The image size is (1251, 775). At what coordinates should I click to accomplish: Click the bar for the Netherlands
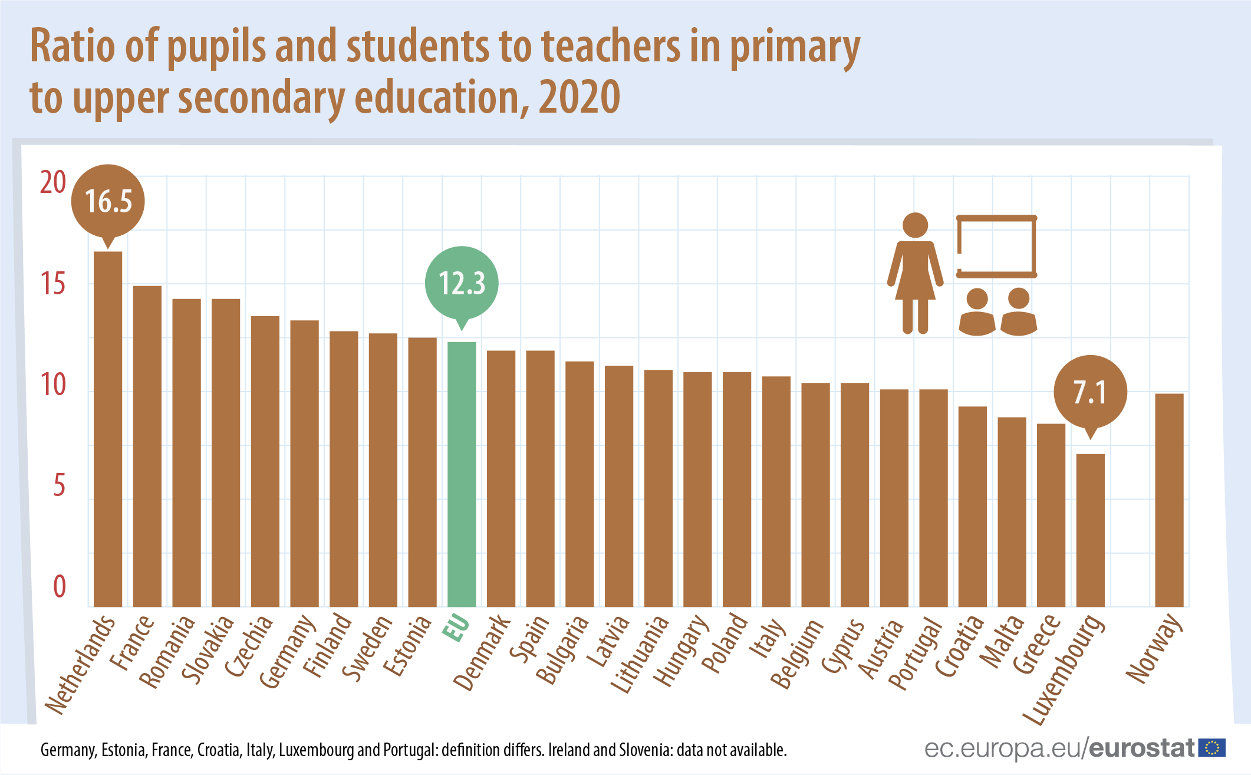click(108, 429)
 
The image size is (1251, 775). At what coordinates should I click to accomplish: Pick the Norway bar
click(1169, 500)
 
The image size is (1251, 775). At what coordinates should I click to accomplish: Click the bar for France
click(147, 446)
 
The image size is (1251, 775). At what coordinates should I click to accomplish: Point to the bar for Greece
click(1051, 514)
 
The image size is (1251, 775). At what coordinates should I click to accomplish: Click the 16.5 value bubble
click(108, 201)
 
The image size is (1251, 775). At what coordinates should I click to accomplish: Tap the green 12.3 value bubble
click(462, 283)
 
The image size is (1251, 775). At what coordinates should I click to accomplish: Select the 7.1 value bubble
click(1090, 392)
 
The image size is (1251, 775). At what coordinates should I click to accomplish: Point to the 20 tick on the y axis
click(53, 182)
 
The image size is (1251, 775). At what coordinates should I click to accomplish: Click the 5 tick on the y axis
click(59, 486)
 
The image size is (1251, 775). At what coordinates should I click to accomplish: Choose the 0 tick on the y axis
click(60, 587)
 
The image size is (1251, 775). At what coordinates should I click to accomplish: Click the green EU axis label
click(456, 628)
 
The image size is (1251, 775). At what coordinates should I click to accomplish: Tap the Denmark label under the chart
click(482, 652)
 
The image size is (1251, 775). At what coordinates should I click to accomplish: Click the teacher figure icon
click(915, 273)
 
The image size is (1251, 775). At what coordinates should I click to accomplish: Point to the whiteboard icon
click(996, 246)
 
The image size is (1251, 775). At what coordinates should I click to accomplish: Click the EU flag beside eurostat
click(1212, 748)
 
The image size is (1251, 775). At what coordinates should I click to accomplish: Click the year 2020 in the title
click(580, 97)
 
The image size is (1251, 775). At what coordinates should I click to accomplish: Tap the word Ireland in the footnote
click(569, 750)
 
